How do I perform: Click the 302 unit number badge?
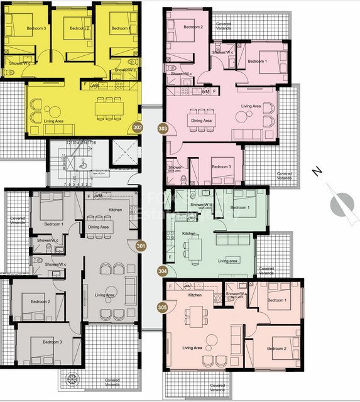coord(138,128)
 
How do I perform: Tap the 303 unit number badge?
coord(163,128)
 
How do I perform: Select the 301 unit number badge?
coord(140,246)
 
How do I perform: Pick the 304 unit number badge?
coord(163,271)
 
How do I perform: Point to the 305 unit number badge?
coord(163,308)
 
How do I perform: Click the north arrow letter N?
coord(318,171)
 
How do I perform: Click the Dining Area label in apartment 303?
coord(201,121)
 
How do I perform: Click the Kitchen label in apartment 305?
coord(195,294)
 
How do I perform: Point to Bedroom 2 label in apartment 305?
coord(276,349)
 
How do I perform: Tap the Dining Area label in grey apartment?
coord(99,227)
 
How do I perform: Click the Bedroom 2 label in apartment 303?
coord(194,27)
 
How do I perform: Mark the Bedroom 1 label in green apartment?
coord(240,207)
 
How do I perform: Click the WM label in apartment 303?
coord(205,92)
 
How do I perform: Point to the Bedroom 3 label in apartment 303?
coord(221,166)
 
